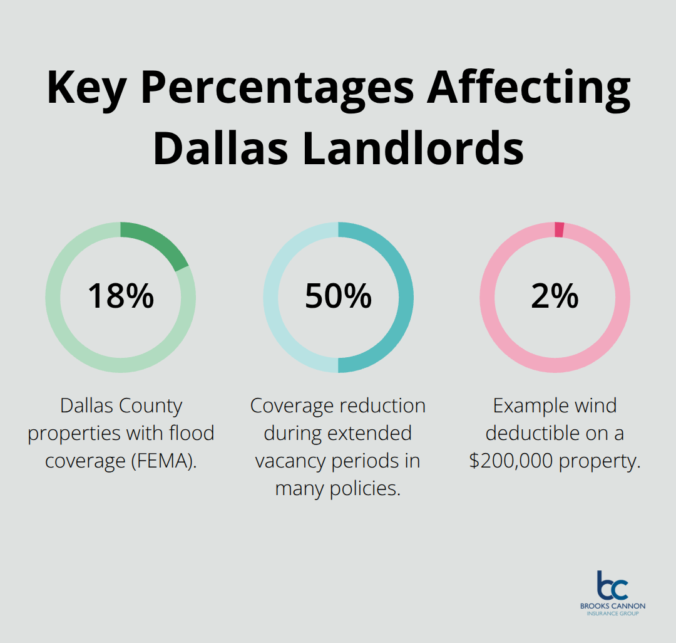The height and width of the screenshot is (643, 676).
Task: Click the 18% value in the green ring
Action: (120, 296)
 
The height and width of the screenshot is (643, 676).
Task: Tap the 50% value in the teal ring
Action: (338, 296)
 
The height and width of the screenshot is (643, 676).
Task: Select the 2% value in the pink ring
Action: (555, 296)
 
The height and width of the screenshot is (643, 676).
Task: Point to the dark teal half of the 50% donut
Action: (404, 297)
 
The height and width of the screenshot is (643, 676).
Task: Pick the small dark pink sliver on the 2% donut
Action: (560, 230)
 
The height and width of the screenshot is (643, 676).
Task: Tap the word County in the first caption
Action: (153, 405)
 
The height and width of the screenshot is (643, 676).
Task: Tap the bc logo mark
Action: (612, 585)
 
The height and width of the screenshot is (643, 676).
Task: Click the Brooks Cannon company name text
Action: (612, 606)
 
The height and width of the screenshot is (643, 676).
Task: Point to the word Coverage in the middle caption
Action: (291, 405)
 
